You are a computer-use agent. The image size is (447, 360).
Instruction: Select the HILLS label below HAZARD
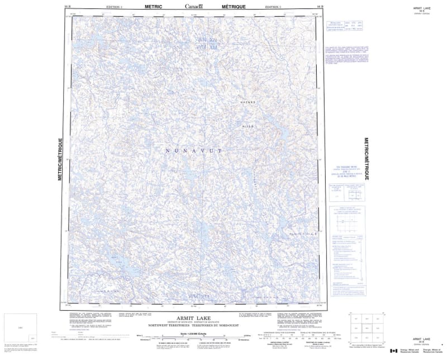click(249, 126)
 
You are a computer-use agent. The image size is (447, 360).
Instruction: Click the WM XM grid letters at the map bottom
click(197, 295)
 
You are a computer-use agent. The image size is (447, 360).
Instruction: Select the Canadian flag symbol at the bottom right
click(393, 350)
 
